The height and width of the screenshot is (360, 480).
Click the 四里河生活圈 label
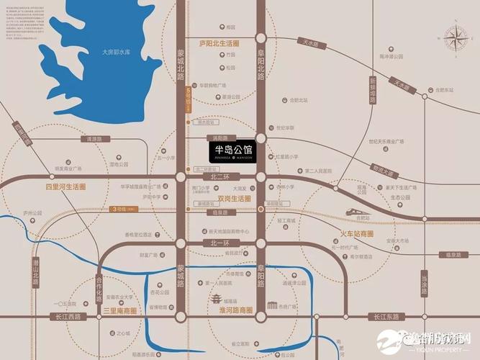[66, 186]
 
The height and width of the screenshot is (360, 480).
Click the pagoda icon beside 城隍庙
[214, 297]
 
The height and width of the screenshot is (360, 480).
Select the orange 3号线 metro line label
[124, 209]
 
